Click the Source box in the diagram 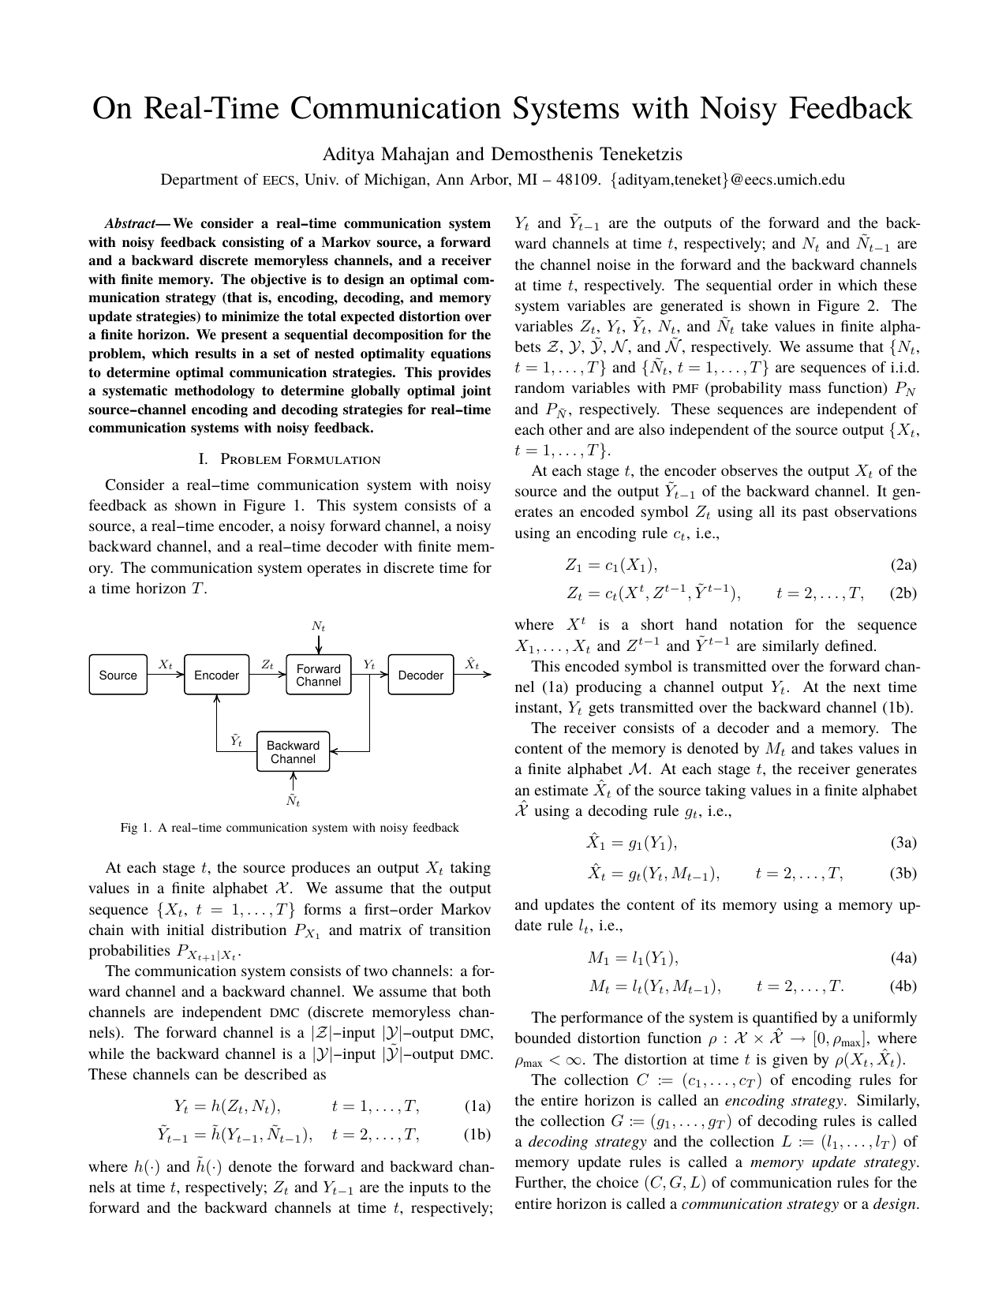[118, 675]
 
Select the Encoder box [216, 675]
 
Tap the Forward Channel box [318, 675]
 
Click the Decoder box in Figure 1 [421, 675]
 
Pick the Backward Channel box [293, 752]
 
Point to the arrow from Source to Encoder [166, 675]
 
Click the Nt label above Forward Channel [318, 626]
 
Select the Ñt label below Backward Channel [293, 800]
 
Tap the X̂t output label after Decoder [472, 664]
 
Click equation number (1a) [477, 1106]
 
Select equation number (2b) [903, 593]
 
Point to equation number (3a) [903, 843]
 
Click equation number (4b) [903, 986]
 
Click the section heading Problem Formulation [300, 459]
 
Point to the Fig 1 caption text [290, 828]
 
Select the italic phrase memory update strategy [833, 1162]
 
